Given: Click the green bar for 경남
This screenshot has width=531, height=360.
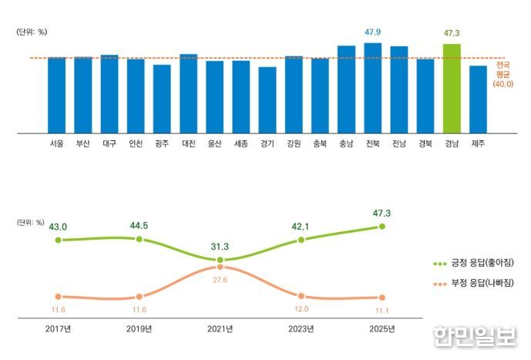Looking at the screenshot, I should (x=452, y=89).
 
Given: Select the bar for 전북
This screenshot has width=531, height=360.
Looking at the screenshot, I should (x=373, y=88).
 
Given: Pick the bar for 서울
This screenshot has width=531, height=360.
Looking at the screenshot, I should (x=56, y=95).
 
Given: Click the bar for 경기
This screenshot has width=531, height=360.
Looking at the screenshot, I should (x=267, y=100).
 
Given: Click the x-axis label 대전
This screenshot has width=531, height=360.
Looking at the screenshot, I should (x=188, y=143).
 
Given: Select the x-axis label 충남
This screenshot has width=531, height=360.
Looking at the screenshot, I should (x=346, y=143).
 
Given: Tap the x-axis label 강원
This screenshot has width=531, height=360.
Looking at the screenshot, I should (x=294, y=143).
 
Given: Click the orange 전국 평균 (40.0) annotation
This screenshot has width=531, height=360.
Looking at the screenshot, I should (x=503, y=73).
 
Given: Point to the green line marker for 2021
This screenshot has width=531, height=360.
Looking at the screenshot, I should (x=220, y=261).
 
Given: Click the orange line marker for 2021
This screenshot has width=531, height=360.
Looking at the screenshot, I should (x=220, y=267).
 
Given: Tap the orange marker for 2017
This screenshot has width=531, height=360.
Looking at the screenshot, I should (x=58, y=296).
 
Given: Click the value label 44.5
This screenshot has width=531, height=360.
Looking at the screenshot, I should (x=139, y=226).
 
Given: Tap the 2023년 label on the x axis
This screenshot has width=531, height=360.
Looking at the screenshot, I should (x=301, y=329).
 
